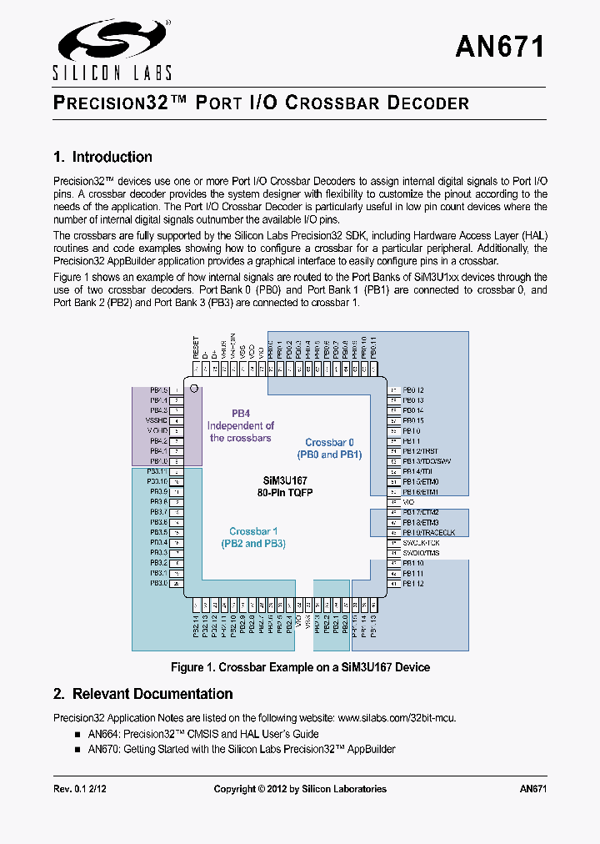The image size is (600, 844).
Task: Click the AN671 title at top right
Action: pos(499,47)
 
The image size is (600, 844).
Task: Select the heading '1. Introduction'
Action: pos(102,157)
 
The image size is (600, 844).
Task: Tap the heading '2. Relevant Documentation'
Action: pos(142,694)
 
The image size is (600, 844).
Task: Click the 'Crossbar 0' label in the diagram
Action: pos(329,443)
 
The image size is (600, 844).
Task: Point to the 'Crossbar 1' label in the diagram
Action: pos(253,531)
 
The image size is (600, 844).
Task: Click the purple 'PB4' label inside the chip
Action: pos(241,413)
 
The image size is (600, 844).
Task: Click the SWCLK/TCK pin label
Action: pos(421,543)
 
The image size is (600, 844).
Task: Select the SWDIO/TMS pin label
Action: pos(421,553)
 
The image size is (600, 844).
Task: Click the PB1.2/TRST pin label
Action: pos(420,451)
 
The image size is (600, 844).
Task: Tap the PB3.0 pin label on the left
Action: pos(158,583)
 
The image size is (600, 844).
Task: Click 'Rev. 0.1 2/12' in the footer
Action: pos(80,788)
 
